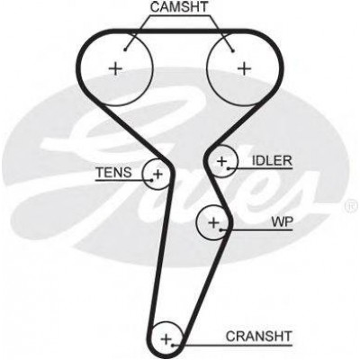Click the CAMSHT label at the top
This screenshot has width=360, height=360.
point(179,7)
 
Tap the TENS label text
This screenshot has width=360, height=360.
point(113,173)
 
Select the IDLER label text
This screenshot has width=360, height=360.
point(272,161)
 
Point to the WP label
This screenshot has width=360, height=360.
point(282,222)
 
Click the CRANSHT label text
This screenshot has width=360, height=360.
point(258,337)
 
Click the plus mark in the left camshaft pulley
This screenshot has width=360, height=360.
point(115,69)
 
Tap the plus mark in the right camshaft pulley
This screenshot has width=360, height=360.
point(244,69)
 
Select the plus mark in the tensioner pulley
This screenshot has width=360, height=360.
point(157,174)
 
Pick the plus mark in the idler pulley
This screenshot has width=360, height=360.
point(222,162)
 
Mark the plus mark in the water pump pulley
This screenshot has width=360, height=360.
point(213,222)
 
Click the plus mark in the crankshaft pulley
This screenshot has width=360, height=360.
point(166,340)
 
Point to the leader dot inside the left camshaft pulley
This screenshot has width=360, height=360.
point(125,49)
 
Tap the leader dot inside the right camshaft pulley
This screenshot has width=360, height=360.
point(233,51)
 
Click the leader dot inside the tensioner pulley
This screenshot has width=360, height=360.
point(151,180)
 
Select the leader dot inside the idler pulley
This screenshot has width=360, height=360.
point(229,168)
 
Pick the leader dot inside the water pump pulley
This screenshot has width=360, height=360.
point(220,230)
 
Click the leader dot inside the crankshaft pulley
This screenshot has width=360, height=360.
point(173,346)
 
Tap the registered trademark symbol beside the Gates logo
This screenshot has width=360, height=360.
point(352,205)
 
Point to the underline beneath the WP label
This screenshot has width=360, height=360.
point(256,230)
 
